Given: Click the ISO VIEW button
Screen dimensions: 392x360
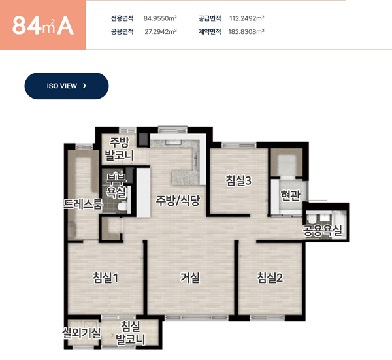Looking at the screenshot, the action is (x=67, y=86).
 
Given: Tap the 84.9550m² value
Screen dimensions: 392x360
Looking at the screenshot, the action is (x=160, y=18).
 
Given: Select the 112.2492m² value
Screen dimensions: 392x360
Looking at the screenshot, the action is (x=247, y=18).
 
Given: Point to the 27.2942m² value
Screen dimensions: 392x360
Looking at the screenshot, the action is (x=161, y=31).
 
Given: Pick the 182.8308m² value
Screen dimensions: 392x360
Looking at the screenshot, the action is (x=246, y=31).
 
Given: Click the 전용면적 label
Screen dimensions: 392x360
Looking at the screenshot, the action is (x=122, y=18).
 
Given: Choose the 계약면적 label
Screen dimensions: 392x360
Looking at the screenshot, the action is (x=210, y=31).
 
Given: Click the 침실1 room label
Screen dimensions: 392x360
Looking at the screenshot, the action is (x=105, y=278).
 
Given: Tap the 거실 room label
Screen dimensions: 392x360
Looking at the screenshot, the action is (x=190, y=278).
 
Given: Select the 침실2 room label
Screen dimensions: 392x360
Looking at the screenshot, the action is (x=270, y=278).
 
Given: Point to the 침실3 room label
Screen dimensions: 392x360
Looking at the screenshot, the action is (x=238, y=180).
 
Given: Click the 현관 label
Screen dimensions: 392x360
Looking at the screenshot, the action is (x=290, y=195).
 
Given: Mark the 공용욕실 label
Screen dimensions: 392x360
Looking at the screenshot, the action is (x=322, y=230).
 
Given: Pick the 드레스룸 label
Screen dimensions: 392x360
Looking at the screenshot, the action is (x=83, y=204).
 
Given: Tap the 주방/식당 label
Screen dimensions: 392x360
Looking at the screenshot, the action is (x=178, y=200).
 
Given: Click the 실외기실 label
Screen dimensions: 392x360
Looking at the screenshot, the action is (x=82, y=333).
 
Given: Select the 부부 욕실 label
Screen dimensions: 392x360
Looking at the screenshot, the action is (x=116, y=186).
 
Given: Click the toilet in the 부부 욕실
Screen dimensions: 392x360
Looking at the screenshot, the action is (x=123, y=206).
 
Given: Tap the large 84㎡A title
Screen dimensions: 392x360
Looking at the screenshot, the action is (x=42, y=25).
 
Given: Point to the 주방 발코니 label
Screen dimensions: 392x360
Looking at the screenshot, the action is (x=120, y=149).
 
